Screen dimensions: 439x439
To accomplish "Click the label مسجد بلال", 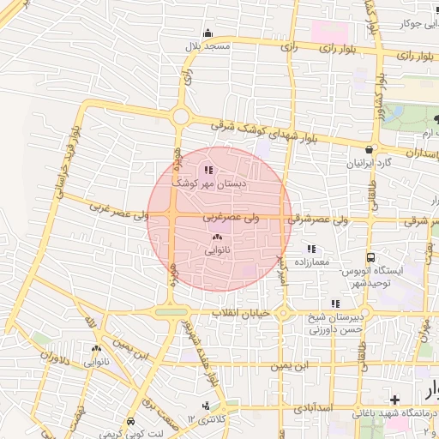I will pyautogui.click(x=210, y=45).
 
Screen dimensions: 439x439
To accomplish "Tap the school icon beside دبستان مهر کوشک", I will pyautogui.click(x=208, y=169).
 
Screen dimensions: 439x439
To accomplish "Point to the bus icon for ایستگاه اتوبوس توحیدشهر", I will pyautogui.click(x=370, y=256).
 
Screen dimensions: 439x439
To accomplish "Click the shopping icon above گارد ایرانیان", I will pyautogui.click(x=369, y=148).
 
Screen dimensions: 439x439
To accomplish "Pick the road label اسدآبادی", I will pyautogui.click(x=311, y=408).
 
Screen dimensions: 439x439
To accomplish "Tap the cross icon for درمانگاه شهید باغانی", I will pyautogui.click(x=394, y=400).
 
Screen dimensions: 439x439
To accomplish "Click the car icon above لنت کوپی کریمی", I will pyautogui.click(x=130, y=421).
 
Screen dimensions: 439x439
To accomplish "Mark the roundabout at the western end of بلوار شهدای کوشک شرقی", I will pyautogui.click(x=180, y=117).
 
